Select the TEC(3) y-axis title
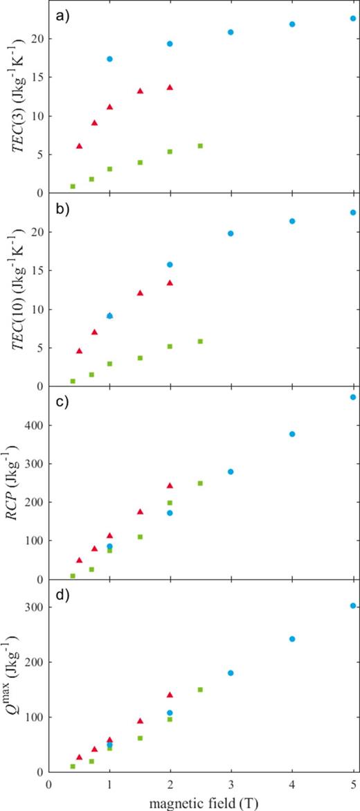click(x=15, y=97)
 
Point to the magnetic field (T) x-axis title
click(x=200, y=801)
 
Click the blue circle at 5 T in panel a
click(x=353, y=19)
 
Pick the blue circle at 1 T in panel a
click(x=109, y=59)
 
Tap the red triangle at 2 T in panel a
click(x=170, y=87)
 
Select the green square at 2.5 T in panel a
click(x=200, y=146)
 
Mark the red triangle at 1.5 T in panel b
click(x=140, y=293)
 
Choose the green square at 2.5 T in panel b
click(x=200, y=341)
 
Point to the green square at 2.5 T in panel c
click(x=200, y=483)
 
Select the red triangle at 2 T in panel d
click(x=170, y=695)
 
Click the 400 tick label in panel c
click(x=33, y=425)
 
